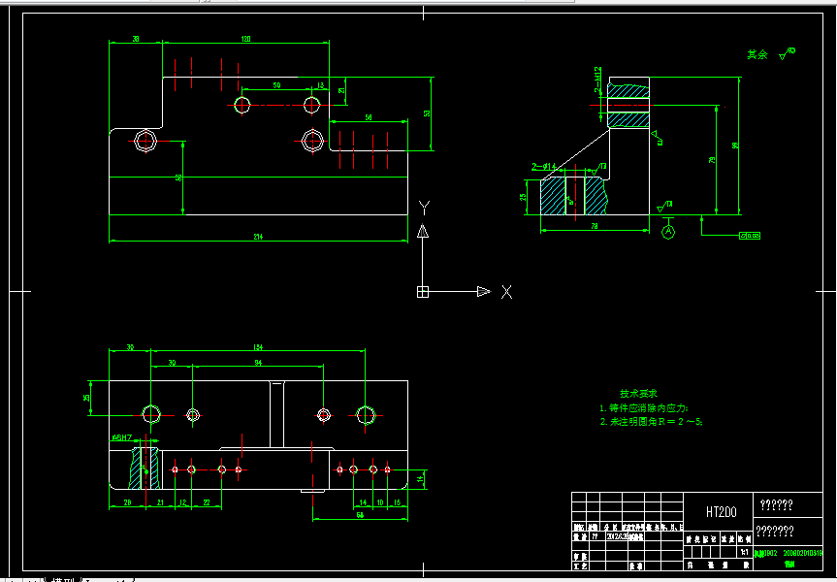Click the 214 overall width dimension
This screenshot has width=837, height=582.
257,236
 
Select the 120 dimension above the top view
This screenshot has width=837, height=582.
245,39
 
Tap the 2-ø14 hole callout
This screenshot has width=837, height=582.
544,167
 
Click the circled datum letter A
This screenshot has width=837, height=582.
667,231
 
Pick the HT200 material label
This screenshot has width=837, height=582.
721,511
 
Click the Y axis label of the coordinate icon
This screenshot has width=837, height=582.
423,207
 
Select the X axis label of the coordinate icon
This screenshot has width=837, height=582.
506,291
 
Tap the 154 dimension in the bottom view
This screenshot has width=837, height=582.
257,346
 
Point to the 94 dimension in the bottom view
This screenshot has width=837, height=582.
258,363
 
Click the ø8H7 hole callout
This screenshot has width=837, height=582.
121,437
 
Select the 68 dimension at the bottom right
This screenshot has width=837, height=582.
360,514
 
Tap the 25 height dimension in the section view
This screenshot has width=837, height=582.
523,196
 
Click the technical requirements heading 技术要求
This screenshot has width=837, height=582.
638,394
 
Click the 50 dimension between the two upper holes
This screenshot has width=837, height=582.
276,85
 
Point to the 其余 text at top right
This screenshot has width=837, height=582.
757,54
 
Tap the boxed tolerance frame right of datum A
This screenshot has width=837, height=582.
750,235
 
